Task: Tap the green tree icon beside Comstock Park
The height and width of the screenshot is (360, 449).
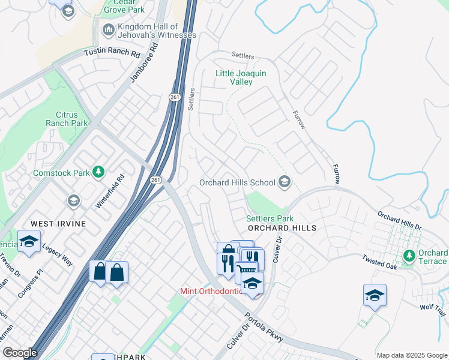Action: coord(98,173)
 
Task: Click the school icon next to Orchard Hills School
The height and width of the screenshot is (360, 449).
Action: coord(285,182)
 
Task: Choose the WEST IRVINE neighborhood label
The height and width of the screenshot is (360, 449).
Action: coord(58,224)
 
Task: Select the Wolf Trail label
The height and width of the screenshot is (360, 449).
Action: coord(433,310)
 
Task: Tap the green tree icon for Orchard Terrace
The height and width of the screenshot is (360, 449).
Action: coord(410,256)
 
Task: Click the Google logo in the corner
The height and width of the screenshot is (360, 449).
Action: coord(20,353)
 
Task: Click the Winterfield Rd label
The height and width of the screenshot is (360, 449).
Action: coord(109,191)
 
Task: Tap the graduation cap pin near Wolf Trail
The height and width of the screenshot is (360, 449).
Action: coord(375,295)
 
